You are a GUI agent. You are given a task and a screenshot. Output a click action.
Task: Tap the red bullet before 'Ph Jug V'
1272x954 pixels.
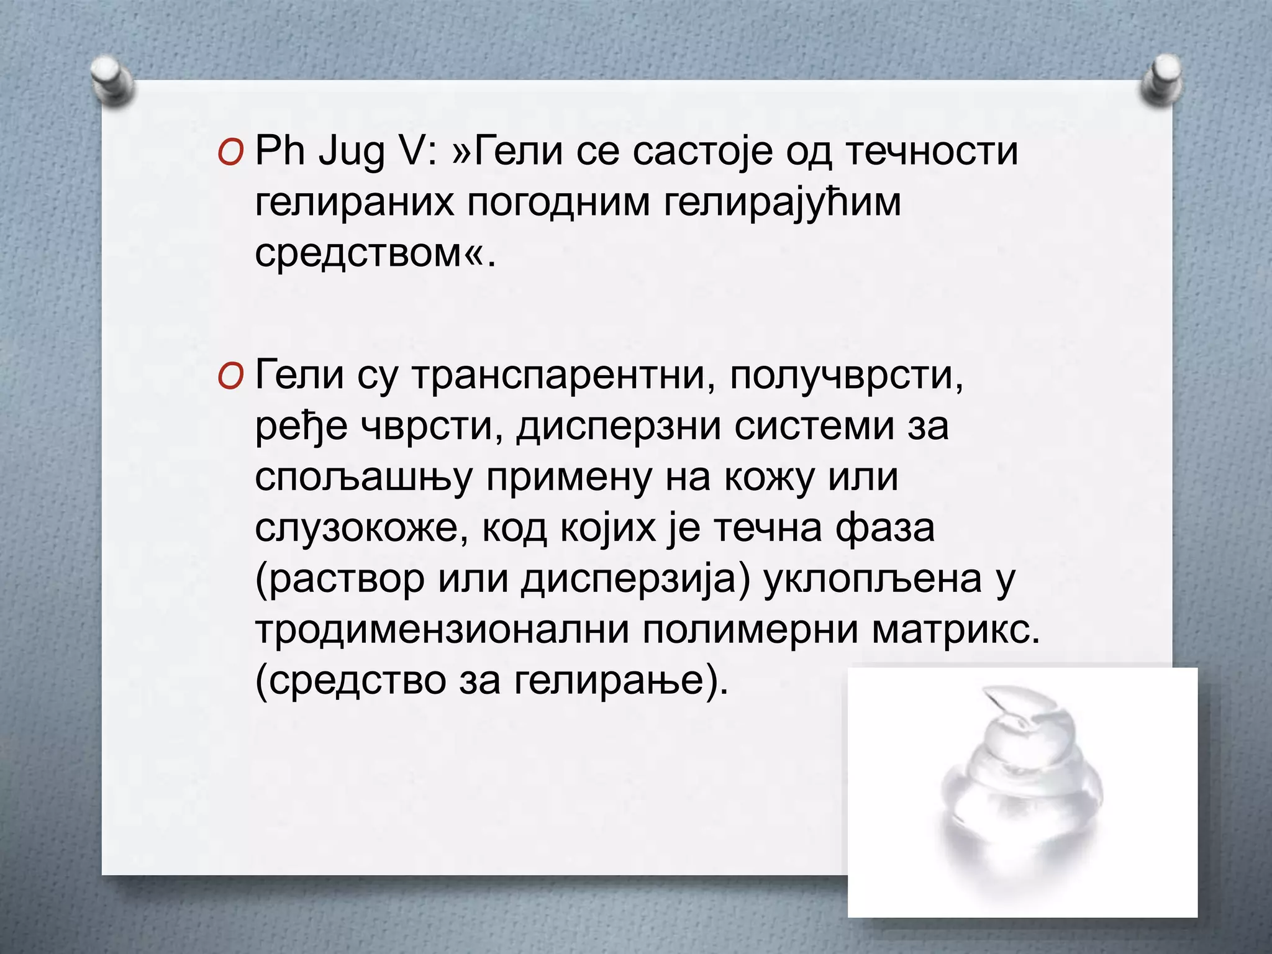229,153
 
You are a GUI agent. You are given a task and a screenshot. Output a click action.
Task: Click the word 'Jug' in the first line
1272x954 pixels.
351,153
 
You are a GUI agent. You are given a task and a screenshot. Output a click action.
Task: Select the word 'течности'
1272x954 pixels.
932,152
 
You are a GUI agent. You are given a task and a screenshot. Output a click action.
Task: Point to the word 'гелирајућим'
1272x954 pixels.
782,204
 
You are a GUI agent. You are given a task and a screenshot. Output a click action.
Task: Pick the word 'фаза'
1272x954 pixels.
884,529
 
